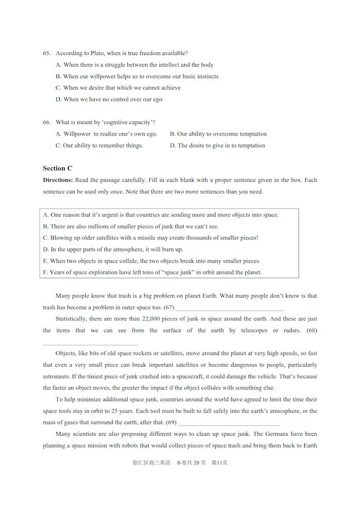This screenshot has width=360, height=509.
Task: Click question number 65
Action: [x=46, y=53]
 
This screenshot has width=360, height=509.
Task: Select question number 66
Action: [x=46, y=122]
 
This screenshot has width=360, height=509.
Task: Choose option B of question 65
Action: [x=137, y=76]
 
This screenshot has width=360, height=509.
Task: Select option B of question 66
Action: [x=218, y=134]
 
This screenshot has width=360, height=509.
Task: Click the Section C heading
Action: [x=58, y=168]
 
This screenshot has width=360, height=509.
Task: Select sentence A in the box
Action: [x=161, y=215]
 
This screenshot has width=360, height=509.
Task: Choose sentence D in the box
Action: [x=113, y=249]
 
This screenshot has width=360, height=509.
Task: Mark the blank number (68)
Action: [x=90, y=343]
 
